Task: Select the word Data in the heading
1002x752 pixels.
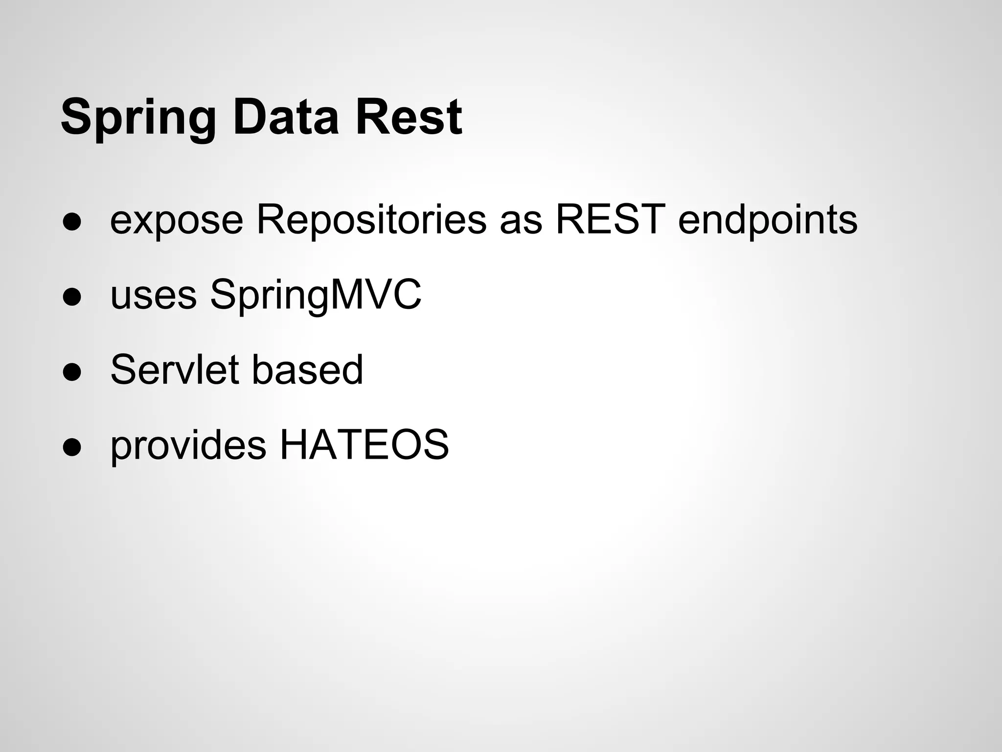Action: pos(285,117)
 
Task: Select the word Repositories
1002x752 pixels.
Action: pos(371,219)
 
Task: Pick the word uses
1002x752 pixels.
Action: pos(153,296)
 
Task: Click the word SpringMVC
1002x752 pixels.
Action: pos(316,296)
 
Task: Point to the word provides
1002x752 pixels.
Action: pos(188,446)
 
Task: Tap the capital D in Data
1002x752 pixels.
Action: pos(249,117)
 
